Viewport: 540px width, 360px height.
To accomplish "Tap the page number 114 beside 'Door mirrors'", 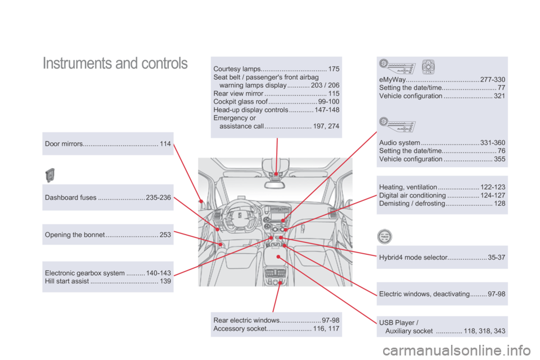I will tap(165, 144).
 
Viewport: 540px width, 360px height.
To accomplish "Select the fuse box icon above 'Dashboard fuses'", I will tap(50, 175).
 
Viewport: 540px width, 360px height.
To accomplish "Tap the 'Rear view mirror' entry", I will tap(238, 93).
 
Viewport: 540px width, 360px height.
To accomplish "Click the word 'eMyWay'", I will tap(393, 80).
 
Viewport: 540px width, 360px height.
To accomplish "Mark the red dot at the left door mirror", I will tap(201, 199).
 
